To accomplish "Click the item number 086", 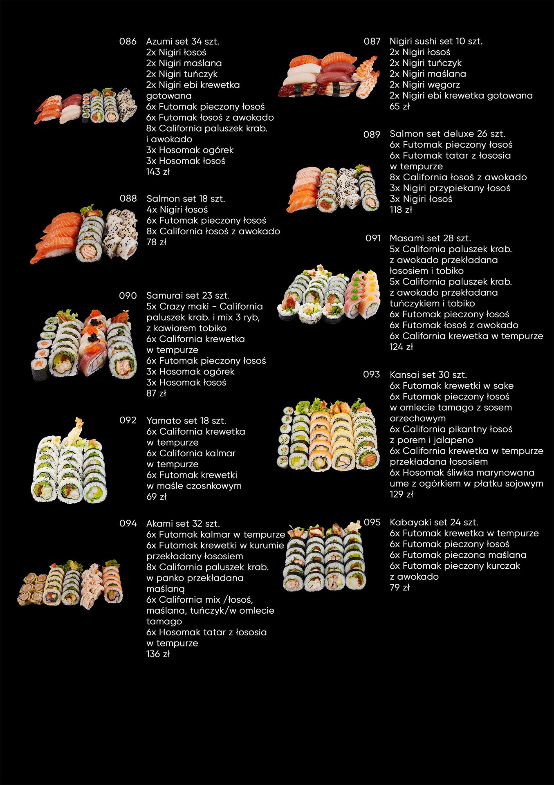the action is (x=128, y=41).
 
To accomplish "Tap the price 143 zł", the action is (x=158, y=172).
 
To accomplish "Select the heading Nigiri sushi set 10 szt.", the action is (x=436, y=41).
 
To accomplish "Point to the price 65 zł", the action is (x=399, y=106).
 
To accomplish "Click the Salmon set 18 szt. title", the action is (x=186, y=199).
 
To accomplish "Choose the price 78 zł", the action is (x=157, y=242).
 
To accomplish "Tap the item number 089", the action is (x=372, y=134).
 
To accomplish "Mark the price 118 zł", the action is (x=401, y=210).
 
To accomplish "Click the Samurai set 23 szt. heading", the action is (x=188, y=296).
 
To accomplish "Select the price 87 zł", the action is (x=156, y=393).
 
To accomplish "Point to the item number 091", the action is (x=373, y=238).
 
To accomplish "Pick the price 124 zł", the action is (x=401, y=347).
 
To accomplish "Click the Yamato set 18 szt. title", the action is (x=186, y=421).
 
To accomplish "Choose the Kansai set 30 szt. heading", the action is (x=428, y=375).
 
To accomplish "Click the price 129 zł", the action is (x=401, y=494).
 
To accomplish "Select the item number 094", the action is (x=128, y=523).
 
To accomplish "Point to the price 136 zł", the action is (x=158, y=654).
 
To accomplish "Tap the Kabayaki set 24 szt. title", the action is (x=434, y=523).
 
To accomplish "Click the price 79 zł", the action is (x=399, y=588).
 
